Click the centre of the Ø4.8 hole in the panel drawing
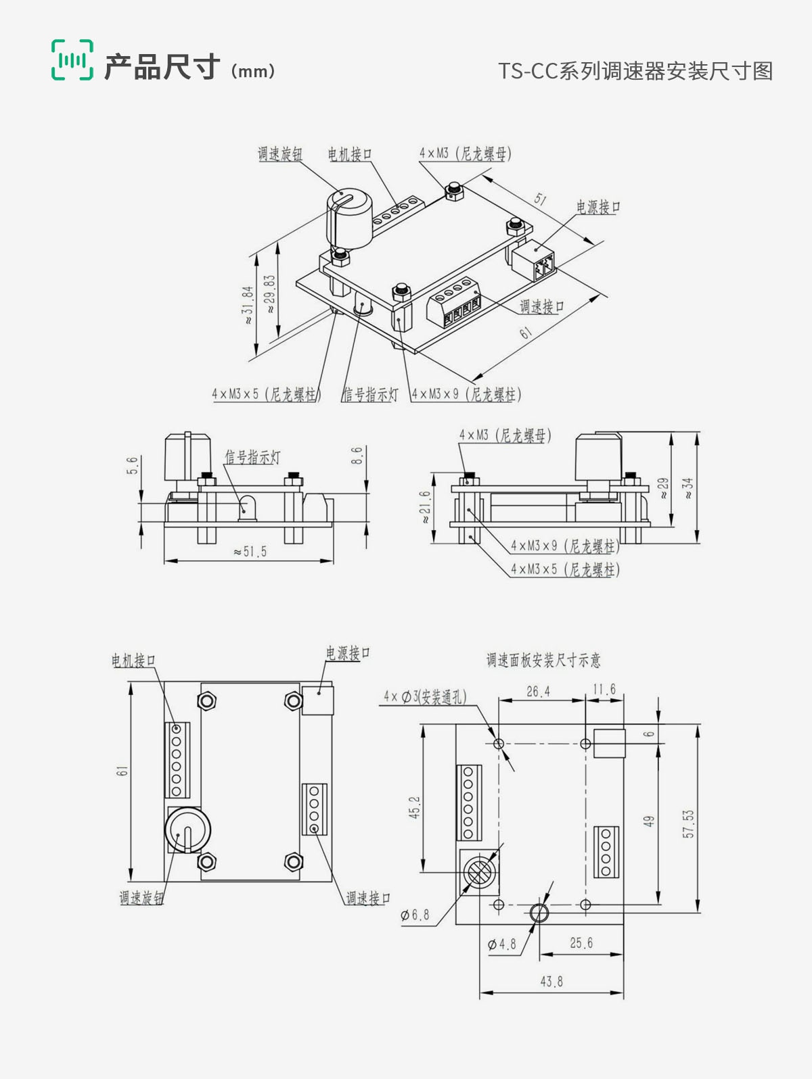coord(539,913)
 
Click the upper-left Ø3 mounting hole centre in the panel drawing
coord(499,743)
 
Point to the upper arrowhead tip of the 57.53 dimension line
coord(698,725)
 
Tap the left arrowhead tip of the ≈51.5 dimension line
coord(164,560)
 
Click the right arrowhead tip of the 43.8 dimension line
coord(623,992)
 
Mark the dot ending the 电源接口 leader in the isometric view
coord(537,249)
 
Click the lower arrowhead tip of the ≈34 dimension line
coord(698,543)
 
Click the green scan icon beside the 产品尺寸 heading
coord(72,60)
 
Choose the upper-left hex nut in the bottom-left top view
coord(207,700)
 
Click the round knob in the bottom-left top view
coord(187,830)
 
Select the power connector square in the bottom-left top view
coord(318,700)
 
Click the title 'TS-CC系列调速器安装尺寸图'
coord(635,71)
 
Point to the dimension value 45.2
coord(415,807)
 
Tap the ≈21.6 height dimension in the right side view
coord(425,507)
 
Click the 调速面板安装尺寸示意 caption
coord(543,660)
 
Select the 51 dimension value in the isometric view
coord(540,199)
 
